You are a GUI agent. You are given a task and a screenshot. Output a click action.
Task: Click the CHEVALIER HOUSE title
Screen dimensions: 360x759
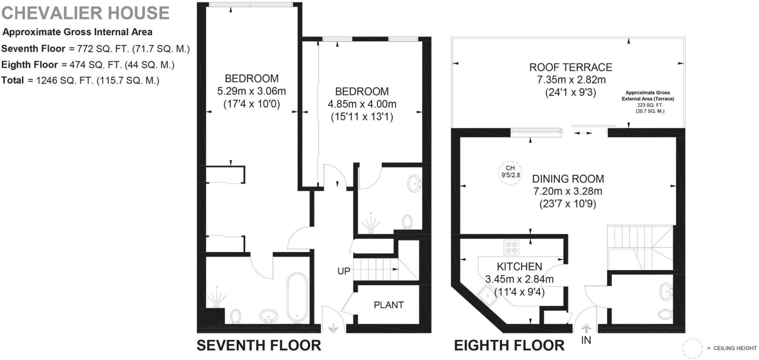[x=86, y=13]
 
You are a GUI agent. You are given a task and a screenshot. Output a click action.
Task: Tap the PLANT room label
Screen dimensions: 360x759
[x=388, y=305]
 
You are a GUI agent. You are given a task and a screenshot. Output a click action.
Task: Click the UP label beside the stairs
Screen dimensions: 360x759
[x=344, y=271]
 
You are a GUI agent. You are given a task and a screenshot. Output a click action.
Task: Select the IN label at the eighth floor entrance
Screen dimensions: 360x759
[x=586, y=340]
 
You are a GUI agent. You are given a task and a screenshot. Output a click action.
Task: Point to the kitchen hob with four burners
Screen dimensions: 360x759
[x=511, y=247]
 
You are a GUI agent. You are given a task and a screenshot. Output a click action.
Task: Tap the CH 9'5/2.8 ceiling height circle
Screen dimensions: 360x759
[x=510, y=172]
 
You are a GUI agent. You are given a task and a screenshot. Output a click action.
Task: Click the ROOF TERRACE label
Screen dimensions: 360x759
[x=570, y=67]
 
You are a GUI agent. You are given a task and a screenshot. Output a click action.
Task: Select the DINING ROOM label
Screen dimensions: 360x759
[x=568, y=179]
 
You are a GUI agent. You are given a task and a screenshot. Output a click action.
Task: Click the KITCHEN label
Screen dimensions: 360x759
[x=519, y=266]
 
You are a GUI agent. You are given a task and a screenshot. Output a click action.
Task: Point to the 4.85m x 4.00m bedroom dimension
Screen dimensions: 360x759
[x=362, y=104]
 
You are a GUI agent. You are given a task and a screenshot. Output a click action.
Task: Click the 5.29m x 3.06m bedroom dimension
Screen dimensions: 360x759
[x=251, y=91]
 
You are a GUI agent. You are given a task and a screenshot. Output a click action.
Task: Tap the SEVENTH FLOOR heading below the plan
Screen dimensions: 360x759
[x=259, y=345]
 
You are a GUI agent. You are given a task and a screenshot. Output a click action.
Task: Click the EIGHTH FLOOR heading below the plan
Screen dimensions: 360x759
[x=509, y=345]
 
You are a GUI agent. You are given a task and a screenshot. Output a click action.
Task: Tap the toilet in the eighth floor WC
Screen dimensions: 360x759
[x=665, y=314]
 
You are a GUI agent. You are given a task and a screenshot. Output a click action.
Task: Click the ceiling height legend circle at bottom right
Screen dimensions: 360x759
[x=692, y=348]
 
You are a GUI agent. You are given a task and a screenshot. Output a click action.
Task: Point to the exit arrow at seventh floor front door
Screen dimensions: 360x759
[x=333, y=328]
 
